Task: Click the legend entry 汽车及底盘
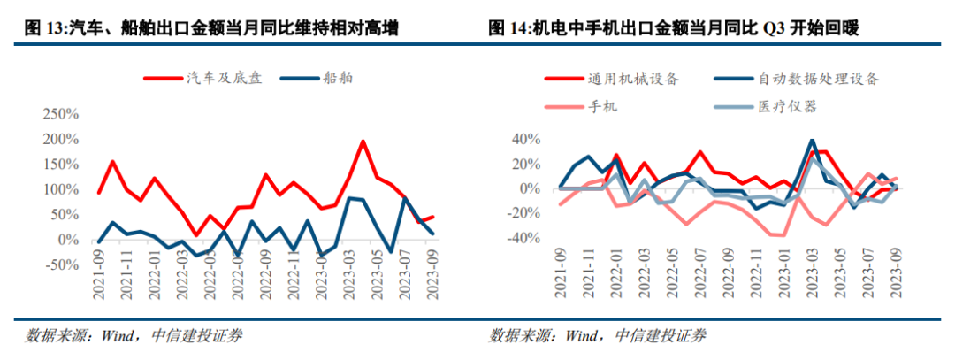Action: coord(221,79)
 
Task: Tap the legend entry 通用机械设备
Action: coord(632,79)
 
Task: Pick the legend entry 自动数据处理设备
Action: coord(819,79)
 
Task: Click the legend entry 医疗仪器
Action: coord(787,106)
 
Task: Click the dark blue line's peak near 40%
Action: coord(812,141)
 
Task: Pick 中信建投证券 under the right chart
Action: coord(662,335)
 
